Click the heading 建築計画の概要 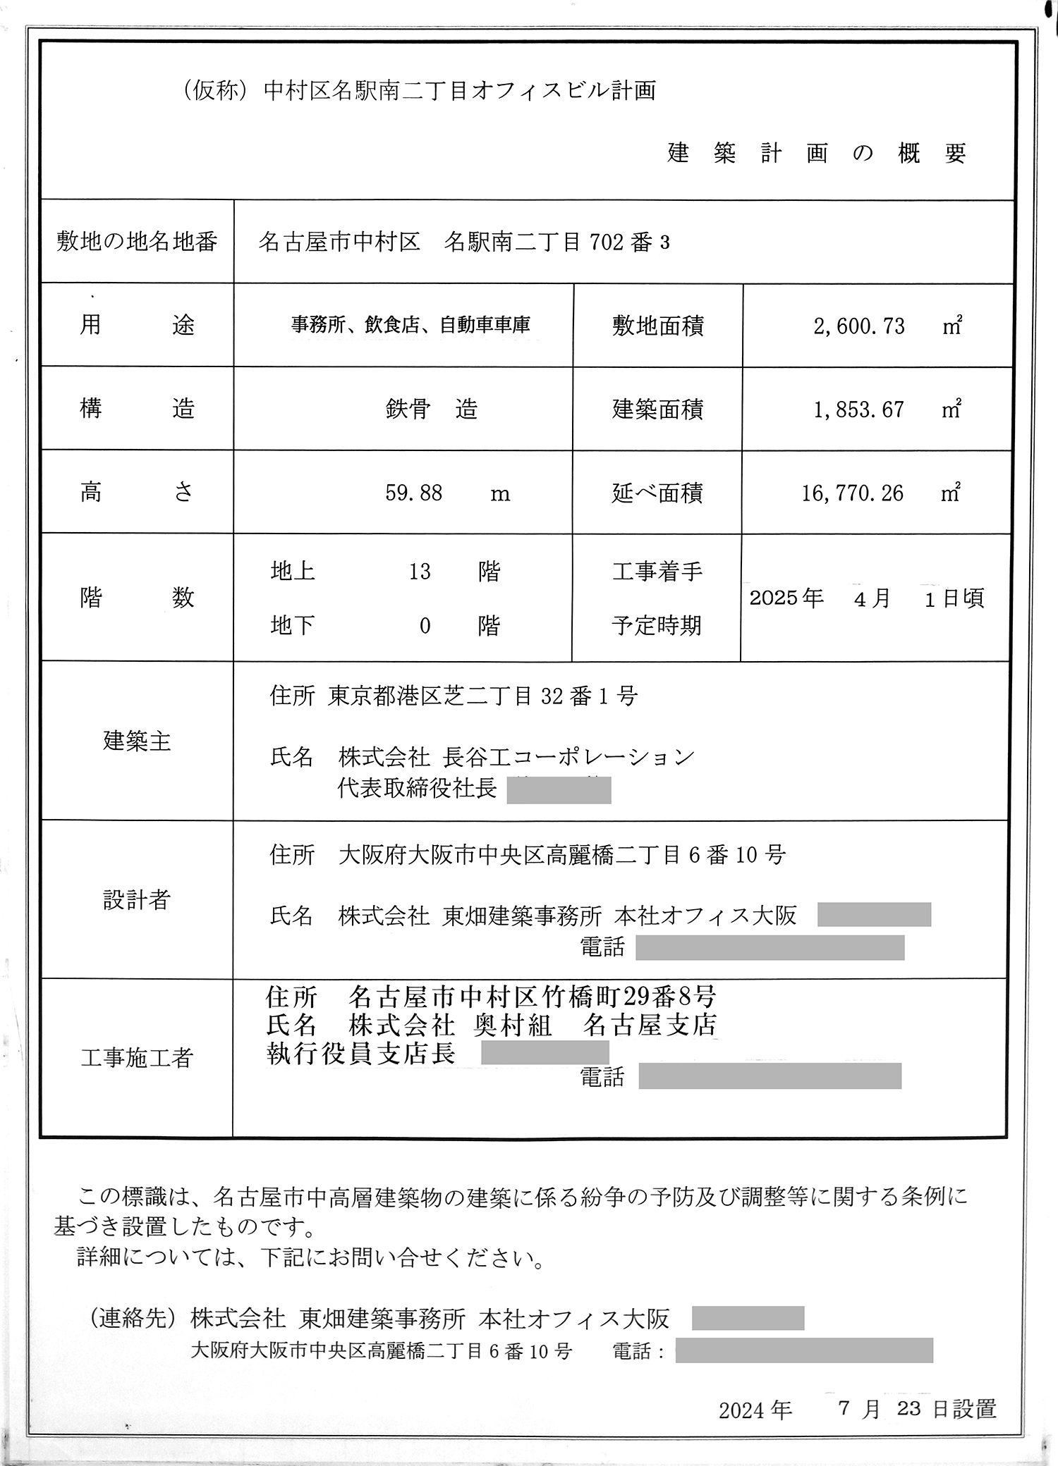(x=816, y=154)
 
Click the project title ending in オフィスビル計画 (x=419, y=91)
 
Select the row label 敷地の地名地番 (x=137, y=242)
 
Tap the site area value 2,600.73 (x=858, y=326)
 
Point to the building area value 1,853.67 (x=858, y=409)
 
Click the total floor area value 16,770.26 (x=852, y=493)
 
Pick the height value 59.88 (x=413, y=493)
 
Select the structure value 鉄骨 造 (x=431, y=409)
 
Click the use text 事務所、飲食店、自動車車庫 (x=411, y=325)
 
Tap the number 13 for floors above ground (x=420, y=571)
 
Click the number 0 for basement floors (x=425, y=626)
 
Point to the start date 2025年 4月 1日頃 (x=866, y=599)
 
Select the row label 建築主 (x=137, y=741)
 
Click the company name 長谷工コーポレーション (x=568, y=758)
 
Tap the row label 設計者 (x=137, y=900)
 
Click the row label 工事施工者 (x=137, y=1058)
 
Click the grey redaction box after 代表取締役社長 (x=559, y=791)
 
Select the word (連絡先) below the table (x=132, y=1318)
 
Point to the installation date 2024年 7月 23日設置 (x=857, y=1410)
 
